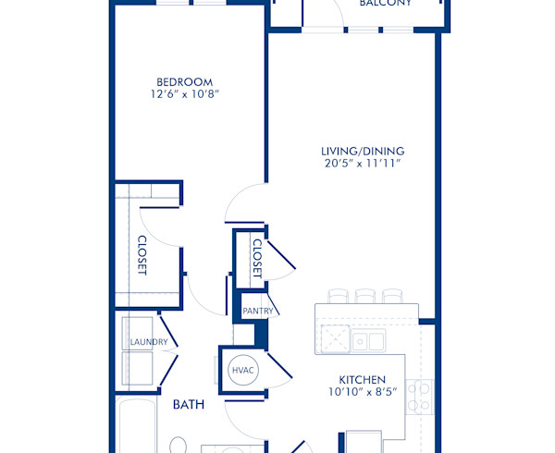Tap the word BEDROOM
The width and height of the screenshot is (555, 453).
[185, 81]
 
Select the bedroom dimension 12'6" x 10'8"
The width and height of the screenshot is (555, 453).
[185, 95]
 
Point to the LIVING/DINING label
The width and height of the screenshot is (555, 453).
[363, 151]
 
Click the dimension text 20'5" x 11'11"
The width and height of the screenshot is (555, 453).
[363, 165]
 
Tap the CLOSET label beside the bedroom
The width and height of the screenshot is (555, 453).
[143, 254]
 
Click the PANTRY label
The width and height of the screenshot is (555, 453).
[257, 312]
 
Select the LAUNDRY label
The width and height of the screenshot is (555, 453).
[148, 342]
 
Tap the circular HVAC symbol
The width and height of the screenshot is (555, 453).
[243, 370]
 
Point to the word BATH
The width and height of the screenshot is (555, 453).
[188, 404]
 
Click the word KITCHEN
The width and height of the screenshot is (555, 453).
[362, 379]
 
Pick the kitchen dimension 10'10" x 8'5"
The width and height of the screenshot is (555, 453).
[362, 392]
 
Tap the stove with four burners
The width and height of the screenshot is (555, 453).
[419, 397]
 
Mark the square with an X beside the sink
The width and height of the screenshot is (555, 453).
[333, 338]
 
